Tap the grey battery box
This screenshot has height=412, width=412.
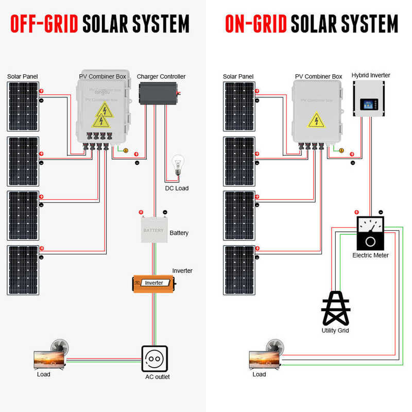pyautogui.click(x=153, y=230)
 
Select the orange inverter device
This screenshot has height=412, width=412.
pyautogui.click(x=154, y=283)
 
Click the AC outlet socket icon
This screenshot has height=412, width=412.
pyautogui.click(x=154, y=358)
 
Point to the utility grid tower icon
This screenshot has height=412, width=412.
pyautogui.click(x=335, y=308)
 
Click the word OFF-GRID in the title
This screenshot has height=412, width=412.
pyautogui.click(x=44, y=23)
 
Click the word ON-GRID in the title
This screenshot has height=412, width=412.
pyautogui.click(x=256, y=23)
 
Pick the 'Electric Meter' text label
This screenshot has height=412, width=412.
pyautogui.click(x=370, y=255)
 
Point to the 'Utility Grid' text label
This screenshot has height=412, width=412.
pyautogui.click(x=335, y=330)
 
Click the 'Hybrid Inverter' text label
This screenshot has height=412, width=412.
pyautogui.click(x=371, y=75)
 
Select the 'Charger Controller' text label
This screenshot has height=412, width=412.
pyautogui.click(x=161, y=77)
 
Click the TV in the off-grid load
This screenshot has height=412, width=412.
pyautogui.click(x=49, y=359)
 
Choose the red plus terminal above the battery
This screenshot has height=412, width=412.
pyautogui.click(x=140, y=212)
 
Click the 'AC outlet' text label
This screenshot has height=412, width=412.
pyautogui.click(x=157, y=377)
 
